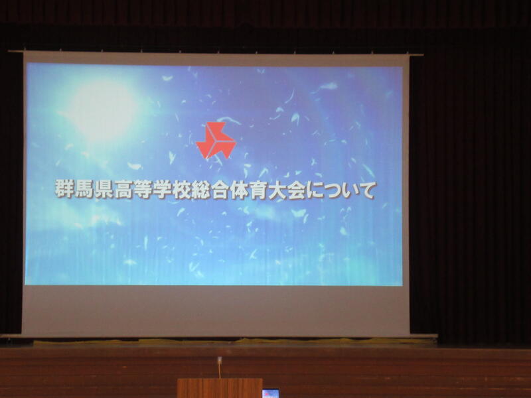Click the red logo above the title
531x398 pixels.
point(216,140)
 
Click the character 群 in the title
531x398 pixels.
point(64,190)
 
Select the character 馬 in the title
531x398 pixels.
point(84,190)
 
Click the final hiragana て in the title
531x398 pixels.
point(366,190)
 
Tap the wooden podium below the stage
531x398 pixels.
point(220,388)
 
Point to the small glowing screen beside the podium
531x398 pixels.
point(271,393)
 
